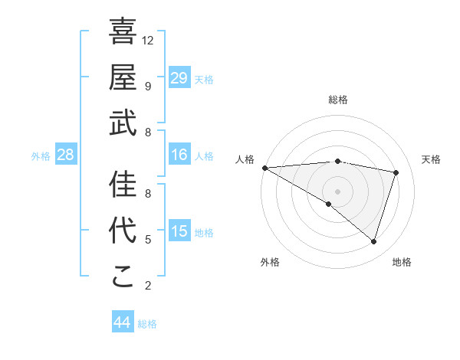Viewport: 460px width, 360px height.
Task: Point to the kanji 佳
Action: coord(123,184)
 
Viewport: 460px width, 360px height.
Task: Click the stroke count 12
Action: coord(148,40)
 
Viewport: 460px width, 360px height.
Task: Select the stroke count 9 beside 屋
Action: coord(148,86)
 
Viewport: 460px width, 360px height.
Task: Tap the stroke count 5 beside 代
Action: coord(148,239)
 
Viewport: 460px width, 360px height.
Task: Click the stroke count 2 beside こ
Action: coord(148,285)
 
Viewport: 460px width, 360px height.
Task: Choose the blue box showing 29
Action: coord(179,78)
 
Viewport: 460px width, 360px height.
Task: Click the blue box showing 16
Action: coord(179,155)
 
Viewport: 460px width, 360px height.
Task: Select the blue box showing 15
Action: coord(179,231)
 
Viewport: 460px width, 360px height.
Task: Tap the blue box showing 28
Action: coord(66,155)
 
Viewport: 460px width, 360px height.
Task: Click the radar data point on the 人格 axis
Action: coord(264,168)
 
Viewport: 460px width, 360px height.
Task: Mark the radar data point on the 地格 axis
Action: coord(373,242)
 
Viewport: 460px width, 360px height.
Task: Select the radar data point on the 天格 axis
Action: coord(396,172)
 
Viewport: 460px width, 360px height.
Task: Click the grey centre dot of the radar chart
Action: coord(337,191)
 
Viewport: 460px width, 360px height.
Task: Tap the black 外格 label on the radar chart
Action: coord(270,262)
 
